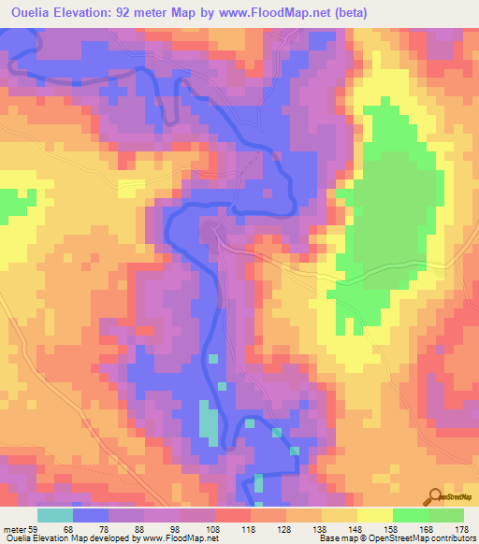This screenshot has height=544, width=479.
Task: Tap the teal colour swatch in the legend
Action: tap(55, 515)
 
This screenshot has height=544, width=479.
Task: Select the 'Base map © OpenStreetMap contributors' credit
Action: tap(396, 537)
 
